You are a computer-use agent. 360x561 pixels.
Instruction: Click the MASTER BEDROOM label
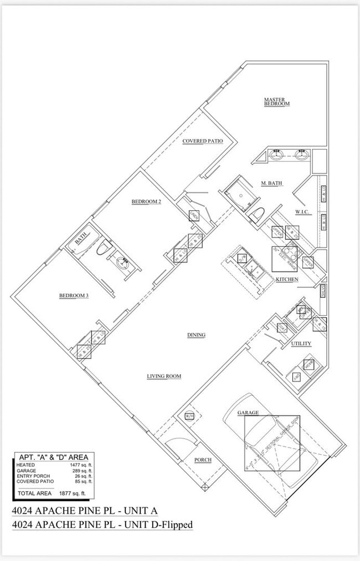click(x=277, y=101)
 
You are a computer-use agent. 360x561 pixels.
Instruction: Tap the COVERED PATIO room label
click(x=203, y=141)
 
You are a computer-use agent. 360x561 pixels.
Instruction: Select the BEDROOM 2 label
click(x=146, y=202)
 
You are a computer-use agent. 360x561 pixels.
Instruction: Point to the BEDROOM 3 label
click(x=74, y=296)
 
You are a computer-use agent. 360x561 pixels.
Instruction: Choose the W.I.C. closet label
click(x=302, y=212)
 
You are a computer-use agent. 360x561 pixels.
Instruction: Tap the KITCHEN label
click(x=287, y=279)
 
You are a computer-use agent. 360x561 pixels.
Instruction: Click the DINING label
click(x=196, y=335)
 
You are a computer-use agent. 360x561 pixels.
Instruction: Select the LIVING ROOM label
click(x=164, y=377)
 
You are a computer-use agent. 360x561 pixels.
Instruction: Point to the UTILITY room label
click(x=301, y=343)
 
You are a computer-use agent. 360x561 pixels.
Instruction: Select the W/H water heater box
click(x=189, y=415)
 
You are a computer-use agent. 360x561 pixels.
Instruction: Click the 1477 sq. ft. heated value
click(x=81, y=465)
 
